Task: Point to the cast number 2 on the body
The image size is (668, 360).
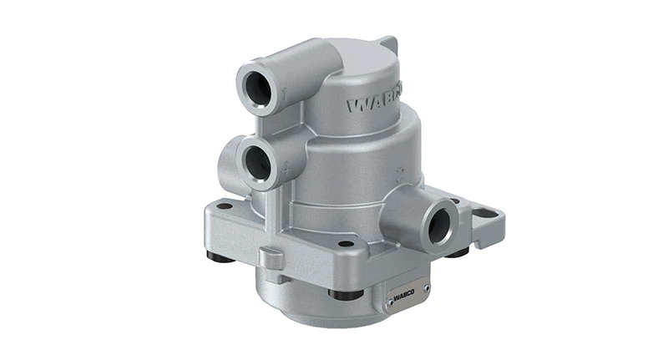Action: [x=401, y=175]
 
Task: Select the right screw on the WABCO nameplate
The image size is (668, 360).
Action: [x=425, y=289]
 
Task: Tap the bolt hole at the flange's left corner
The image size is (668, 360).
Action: [x=224, y=205]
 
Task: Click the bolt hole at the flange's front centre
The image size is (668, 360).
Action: [x=345, y=244]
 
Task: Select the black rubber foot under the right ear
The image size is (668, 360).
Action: [x=457, y=251]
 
